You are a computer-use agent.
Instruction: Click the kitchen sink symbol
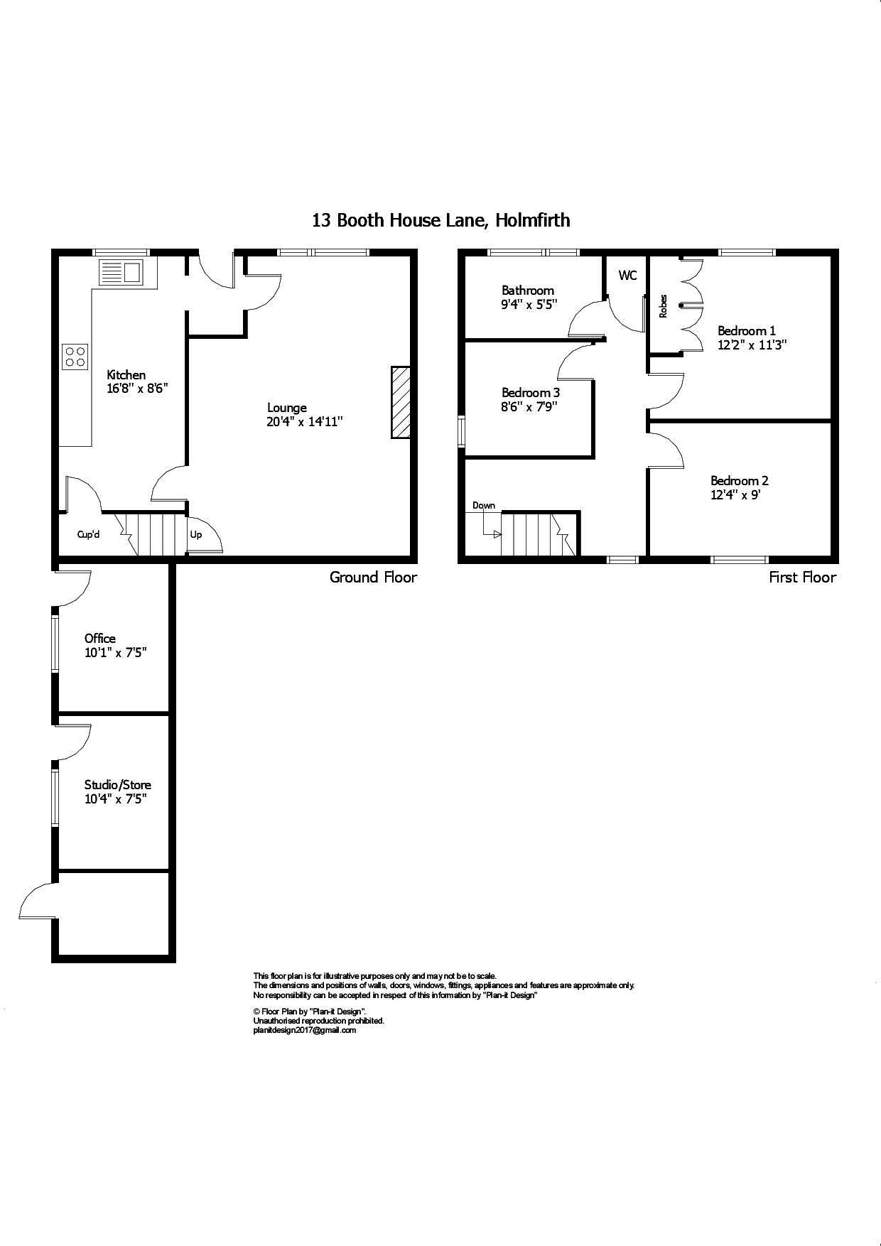pyautogui.click(x=120, y=272)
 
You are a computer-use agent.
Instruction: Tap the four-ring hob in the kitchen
pyautogui.click(x=75, y=356)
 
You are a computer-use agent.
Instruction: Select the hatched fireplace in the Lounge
pyautogui.click(x=401, y=402)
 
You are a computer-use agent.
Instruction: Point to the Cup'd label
pyautogui.click(x=88, y=534)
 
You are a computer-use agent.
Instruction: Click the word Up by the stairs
pyautogui.click(x=195, y=534)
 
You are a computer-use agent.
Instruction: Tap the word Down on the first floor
pyautogui.click(x=484, y=506)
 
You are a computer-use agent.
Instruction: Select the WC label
pyautogui.click(x=627, y=276)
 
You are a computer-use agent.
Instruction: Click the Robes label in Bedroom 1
pyautogui.click(x=664, y=305)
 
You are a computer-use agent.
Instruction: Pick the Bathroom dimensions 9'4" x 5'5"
pyautogui.click(x=529, y=304)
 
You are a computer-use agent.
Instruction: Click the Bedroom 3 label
pyautogui.click(x=530, y=392)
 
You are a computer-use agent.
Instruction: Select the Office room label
pyautogui.click(x=99, y=638)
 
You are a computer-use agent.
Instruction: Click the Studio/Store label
pyautogui.click(x=117, y=784)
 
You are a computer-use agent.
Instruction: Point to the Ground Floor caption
pyautogui.click(x=373, y=577)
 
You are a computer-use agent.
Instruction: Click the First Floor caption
pyautogui.click(x=802, y=577)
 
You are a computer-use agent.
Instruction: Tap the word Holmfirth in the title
pyautogui.click(x=533, y=220)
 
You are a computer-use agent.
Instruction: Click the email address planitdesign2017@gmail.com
pyautogui.click(x=304, y=1030)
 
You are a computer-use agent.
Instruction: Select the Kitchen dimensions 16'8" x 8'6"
pyautogui.click(x=136, y=389)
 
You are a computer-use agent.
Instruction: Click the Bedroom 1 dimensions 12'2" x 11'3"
pyautogui.click(x=752, y=345)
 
